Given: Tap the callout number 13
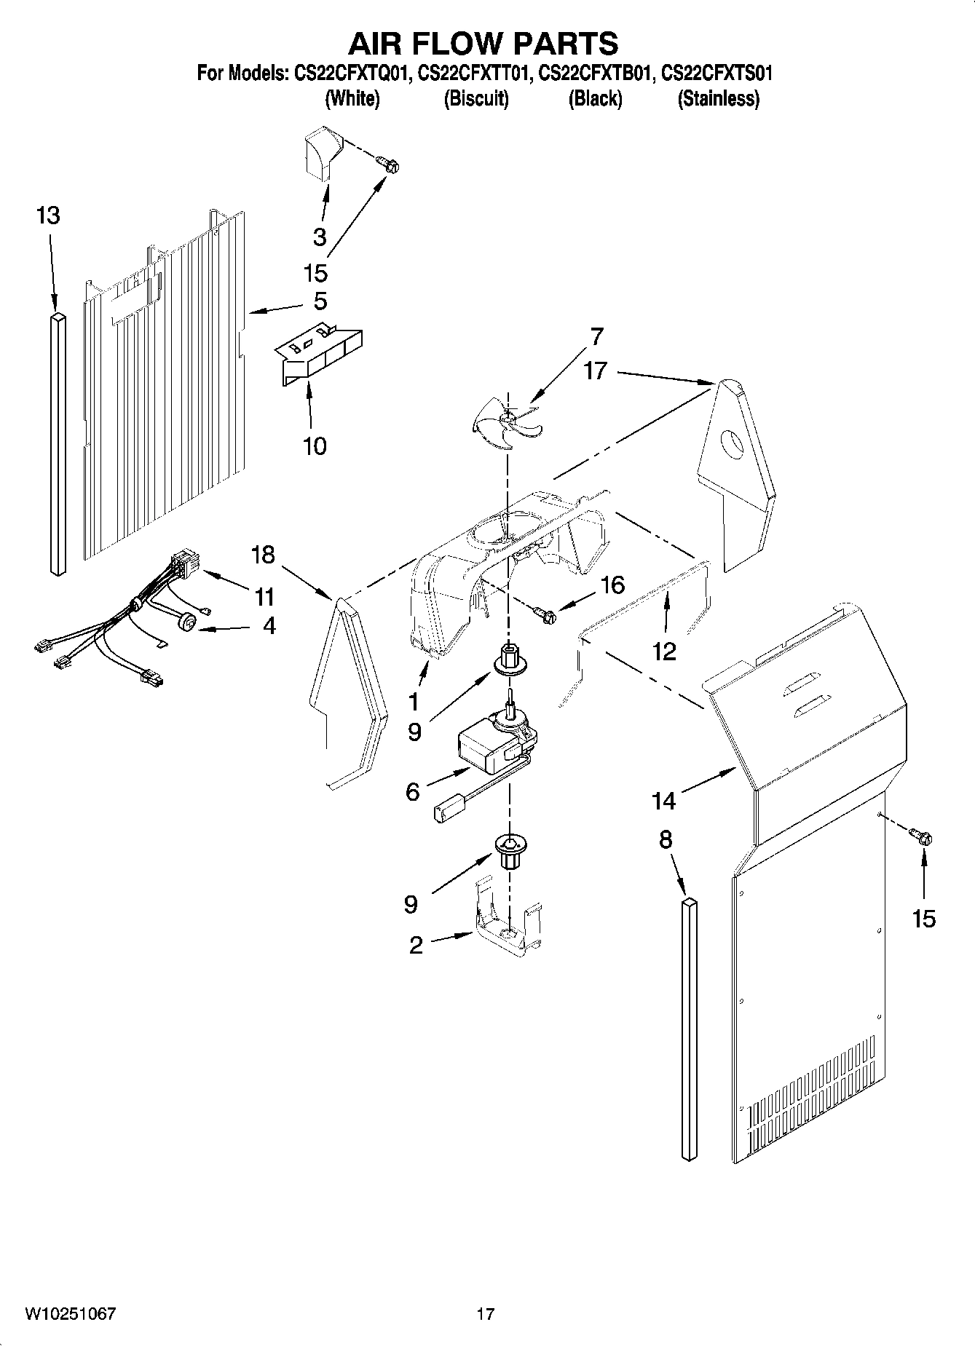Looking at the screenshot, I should coord(48,215).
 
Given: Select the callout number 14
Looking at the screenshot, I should coord(663,801).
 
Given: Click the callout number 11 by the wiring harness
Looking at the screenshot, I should coord(264,597).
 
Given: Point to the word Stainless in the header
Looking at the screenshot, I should coord(718,98).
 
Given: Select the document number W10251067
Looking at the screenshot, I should coord(71,1314).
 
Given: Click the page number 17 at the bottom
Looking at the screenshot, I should coord(486,1314).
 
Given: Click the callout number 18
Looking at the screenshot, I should coord(263,555).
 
